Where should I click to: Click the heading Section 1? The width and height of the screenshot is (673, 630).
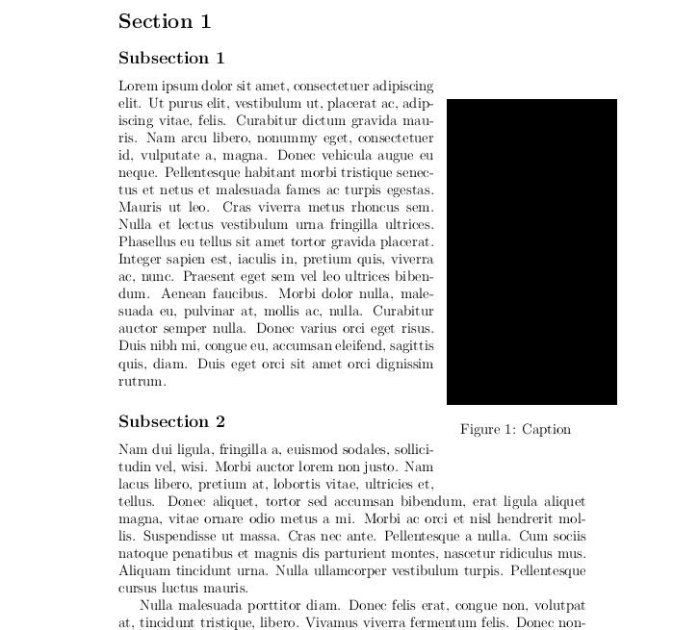coord(165,21)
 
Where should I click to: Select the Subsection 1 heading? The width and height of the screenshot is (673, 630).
coord(171,58)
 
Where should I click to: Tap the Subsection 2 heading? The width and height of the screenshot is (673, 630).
coord(171,421)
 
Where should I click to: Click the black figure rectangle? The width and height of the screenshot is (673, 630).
coord(531,251)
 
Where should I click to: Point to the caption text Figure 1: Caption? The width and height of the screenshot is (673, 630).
coord(515,429)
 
